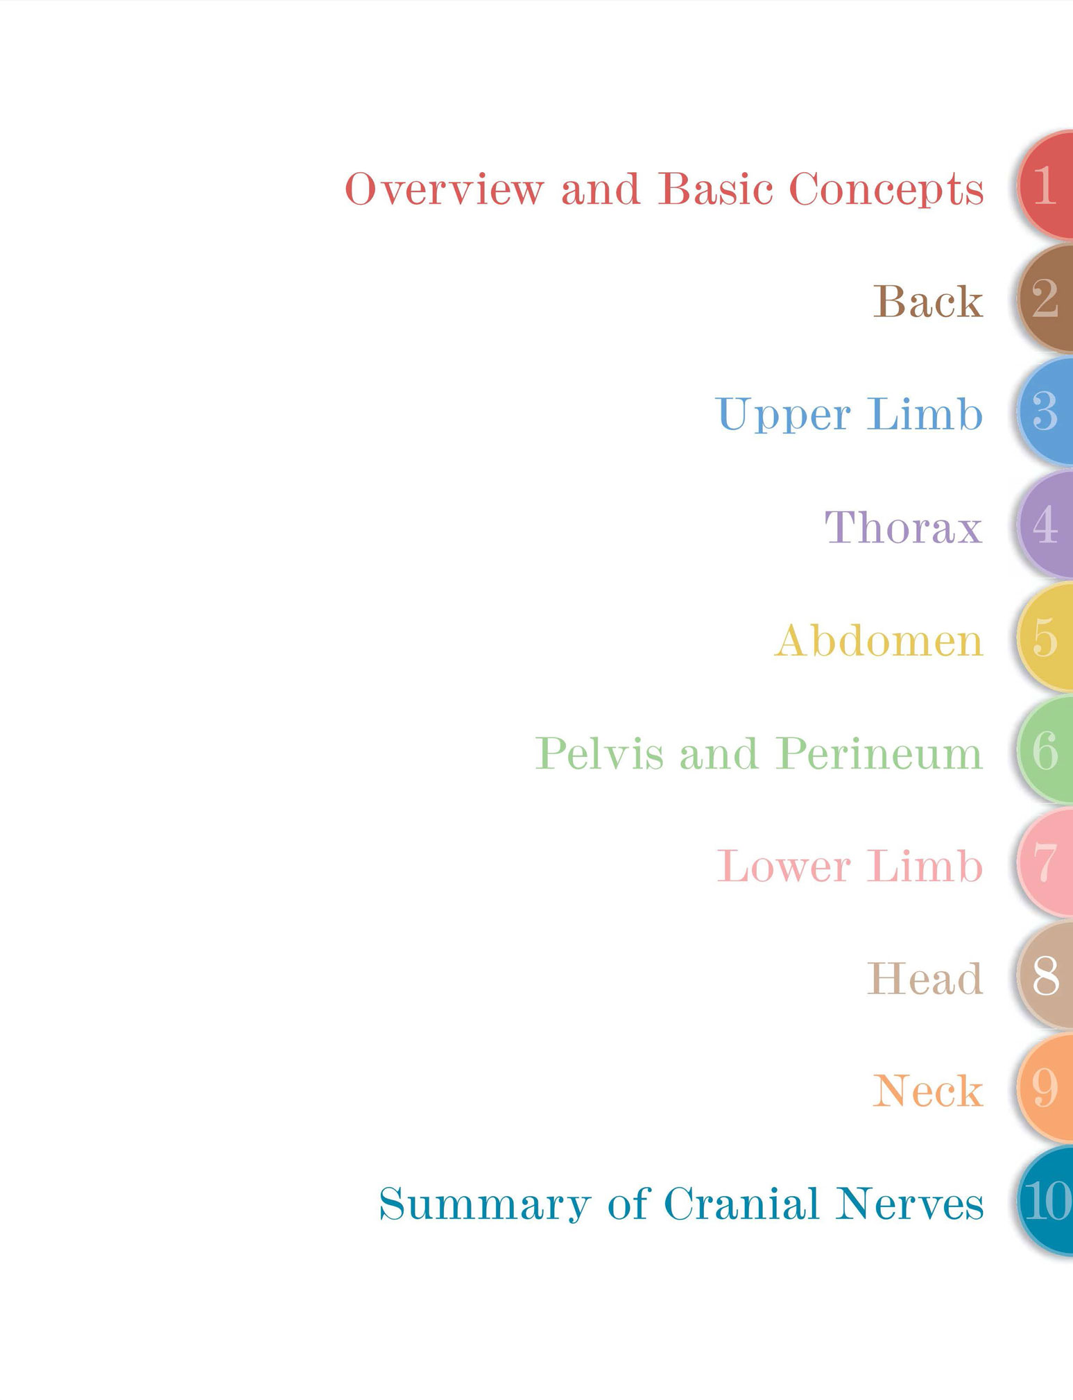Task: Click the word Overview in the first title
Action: [x=444, y=189]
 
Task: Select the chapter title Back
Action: [x=928, y=302]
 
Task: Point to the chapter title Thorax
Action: [x=904, y=527]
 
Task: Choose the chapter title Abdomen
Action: [x=879, y=640]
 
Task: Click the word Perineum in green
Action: [x=879, y=753]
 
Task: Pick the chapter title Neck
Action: [x=928, y=1092]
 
